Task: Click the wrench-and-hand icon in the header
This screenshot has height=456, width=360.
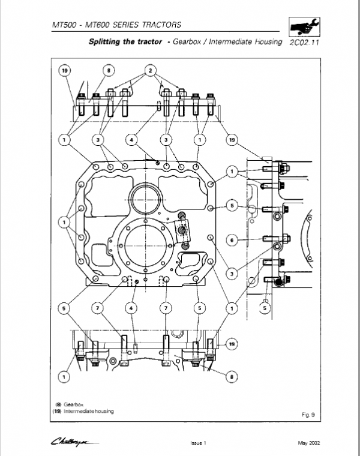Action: point(304,27)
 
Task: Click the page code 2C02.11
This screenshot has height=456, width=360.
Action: point(304,43)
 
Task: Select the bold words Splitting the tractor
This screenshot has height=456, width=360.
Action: point(124,43)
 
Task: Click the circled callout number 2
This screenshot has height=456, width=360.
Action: point(149,71)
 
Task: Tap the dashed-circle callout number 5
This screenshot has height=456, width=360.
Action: point(263,308)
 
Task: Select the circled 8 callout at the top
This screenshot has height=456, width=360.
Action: point(108,71)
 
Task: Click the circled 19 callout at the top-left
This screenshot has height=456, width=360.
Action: point(64,71)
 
